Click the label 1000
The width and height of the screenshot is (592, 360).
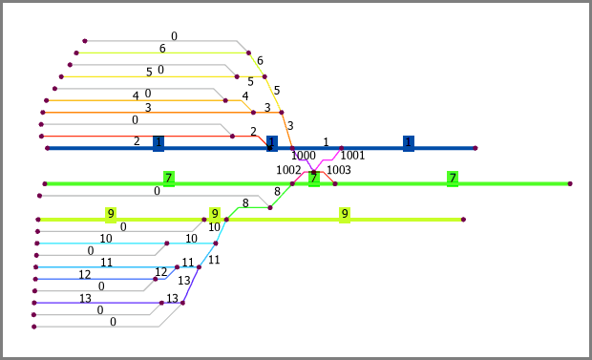(304, 156)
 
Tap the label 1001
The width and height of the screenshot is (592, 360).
(352, 156)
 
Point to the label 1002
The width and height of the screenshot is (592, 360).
(288, 170)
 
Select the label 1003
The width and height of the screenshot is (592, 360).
(339, 170)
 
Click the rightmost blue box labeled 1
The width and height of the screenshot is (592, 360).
(409, 143)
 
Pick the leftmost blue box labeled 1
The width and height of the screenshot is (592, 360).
(159, 143)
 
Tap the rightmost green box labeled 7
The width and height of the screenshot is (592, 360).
(453, 180)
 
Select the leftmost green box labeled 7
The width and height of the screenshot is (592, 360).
(169, 180)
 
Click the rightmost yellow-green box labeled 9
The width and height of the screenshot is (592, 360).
(345, 215)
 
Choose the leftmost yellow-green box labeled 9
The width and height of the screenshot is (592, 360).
(111, 215)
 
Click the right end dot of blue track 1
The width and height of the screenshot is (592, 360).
(476, 148)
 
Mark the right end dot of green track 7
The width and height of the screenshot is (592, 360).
(570, 183)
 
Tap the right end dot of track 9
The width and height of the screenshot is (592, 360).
(464, 220)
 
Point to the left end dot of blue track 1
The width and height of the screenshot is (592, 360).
(47, 148)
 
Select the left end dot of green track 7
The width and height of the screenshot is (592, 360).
(45, 183)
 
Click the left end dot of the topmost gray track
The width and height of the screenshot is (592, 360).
(85, 41)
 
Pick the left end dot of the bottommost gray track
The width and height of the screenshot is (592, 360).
(34, 327)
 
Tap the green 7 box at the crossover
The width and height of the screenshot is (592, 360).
(314, 180)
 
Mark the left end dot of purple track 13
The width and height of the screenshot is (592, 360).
(34, 303)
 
